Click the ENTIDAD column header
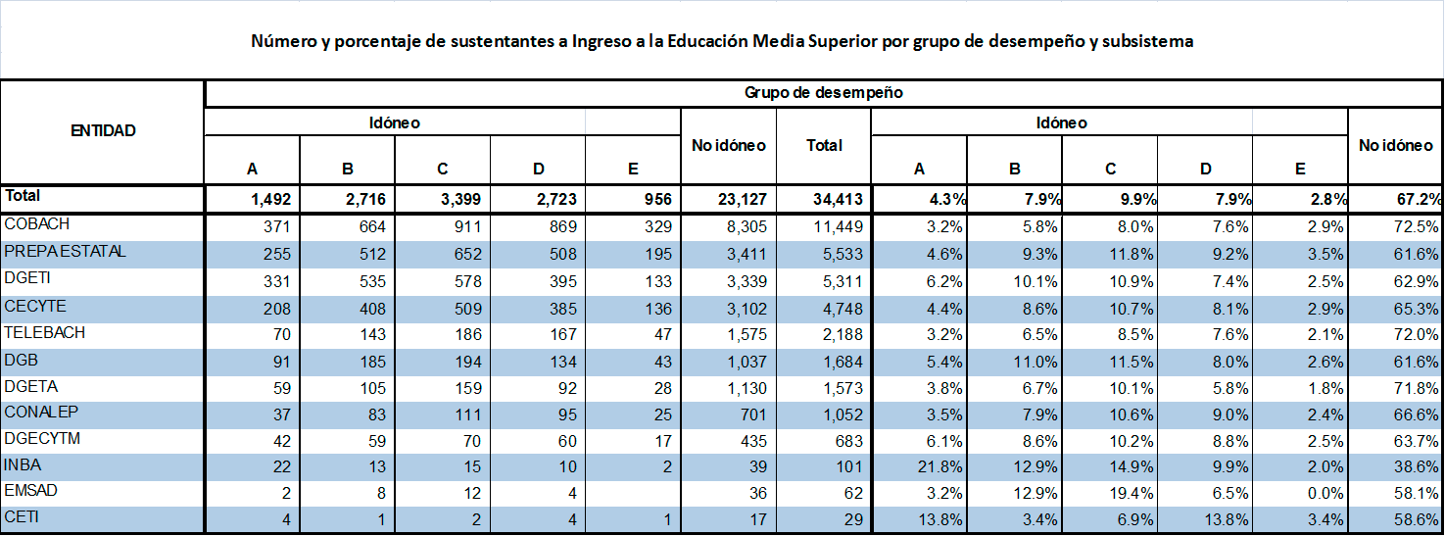pyautogui.click(x=103, y=130)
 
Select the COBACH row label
pyautogui.click(x=38, y=224)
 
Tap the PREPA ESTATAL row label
pyautogui.click(x=66, y=252)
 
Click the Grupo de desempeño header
pyautogui.click(x=823, y=93)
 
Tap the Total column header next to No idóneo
pyautogui.click(x=824, y=145)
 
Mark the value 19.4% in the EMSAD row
pyautogui.click(x=1136, y=493)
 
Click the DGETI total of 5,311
pyautogui.click(x=842, y=280)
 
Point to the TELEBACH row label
pyautogui.click(x=45, y=333)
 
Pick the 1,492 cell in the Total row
pyautogui.click(x=266, y=200)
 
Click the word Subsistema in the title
pyautogui.click(x=1152, y=42)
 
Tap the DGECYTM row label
pyautogui.click(x=42, y=438)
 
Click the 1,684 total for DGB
pyautogui.click(x=842, y=360)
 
